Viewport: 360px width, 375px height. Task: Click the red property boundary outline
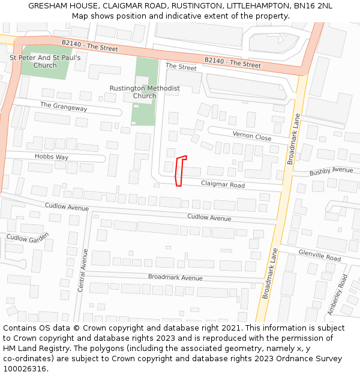[179, 171]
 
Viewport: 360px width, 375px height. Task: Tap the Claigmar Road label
[223, 185]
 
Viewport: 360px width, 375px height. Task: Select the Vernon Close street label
[252, 136]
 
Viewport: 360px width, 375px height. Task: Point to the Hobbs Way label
[51, 157]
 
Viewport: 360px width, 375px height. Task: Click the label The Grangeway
[64, 107]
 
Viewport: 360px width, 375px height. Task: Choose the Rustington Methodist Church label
[145, 92]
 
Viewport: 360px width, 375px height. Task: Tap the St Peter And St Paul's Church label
[45, 62]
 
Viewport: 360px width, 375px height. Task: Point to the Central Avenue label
[82, 270]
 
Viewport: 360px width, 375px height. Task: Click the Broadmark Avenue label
[175, 277]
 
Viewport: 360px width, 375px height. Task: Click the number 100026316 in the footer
[25, 368]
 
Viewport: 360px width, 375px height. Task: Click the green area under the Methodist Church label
[144, 111]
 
